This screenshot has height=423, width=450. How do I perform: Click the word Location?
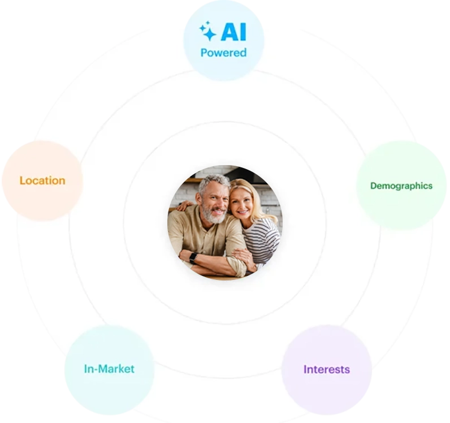42,181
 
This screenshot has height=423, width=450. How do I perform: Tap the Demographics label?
401,185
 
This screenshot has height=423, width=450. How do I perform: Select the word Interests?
327,370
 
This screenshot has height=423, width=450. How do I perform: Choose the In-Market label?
109,369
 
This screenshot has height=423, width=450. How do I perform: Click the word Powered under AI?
223,53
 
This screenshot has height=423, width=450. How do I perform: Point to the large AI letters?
233,32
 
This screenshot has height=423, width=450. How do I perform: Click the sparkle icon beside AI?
208,31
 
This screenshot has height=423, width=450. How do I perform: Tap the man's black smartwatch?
193,257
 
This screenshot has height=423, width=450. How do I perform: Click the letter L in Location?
22,181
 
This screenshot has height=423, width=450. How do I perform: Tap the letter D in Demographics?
373,185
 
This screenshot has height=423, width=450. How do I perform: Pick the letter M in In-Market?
104,369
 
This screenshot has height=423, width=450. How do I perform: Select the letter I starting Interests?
305,370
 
